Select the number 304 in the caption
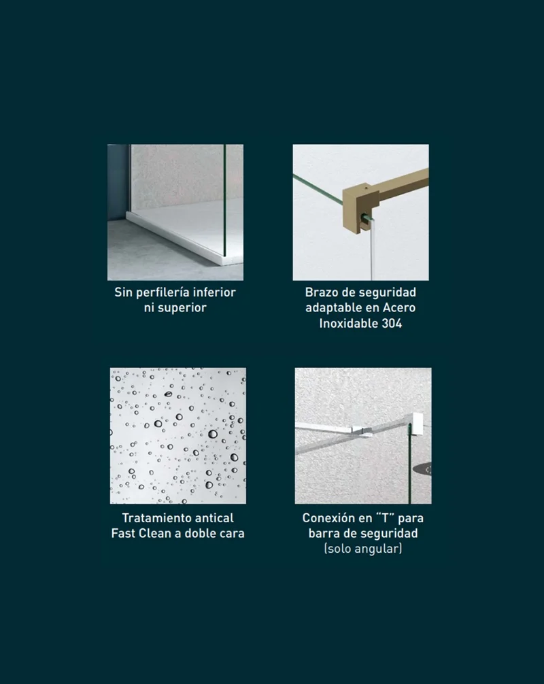click(391, 323)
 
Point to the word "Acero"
click(399, 307)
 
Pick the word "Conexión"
click(328, 518)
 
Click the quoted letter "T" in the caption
click(385, 518)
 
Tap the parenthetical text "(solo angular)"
click(363, 548)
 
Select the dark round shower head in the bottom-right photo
click(423, 470)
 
